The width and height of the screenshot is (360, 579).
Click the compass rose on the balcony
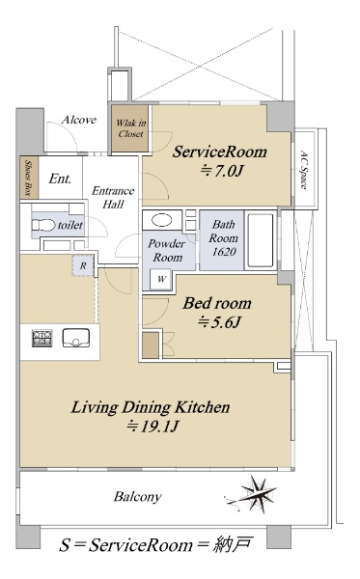[x=257, y=494]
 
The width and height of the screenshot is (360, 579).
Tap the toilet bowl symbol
[x=43, y=225]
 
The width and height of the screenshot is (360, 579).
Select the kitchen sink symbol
[x=75, y=338]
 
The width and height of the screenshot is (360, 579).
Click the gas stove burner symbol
[x=42, y=339]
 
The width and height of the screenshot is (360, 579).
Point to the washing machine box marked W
[x=161, y=279]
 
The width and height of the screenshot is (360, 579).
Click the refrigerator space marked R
[x=83, y=265]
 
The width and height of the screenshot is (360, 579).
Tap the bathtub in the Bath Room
[x=261, y=240]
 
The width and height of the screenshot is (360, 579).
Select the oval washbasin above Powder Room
[x=162, y=221]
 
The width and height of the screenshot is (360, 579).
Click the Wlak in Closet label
[x=130, y=128]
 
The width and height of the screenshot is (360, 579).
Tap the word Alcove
[x=79, y=120]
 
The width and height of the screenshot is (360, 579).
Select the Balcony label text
[x=138, y=497]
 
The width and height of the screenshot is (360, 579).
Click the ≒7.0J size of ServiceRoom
[x=222, y=171]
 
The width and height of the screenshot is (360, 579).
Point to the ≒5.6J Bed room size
[x=219, y=322]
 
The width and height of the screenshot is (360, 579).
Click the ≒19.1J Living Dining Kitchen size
[x=152, y=427]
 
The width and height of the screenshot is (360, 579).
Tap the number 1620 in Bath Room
[x=224, y=252]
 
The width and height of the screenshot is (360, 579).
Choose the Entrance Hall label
[x=113, y=197]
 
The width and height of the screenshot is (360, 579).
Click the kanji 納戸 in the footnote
[x=233, y=544]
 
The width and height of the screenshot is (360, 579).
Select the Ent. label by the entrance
[x=60, y=179]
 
